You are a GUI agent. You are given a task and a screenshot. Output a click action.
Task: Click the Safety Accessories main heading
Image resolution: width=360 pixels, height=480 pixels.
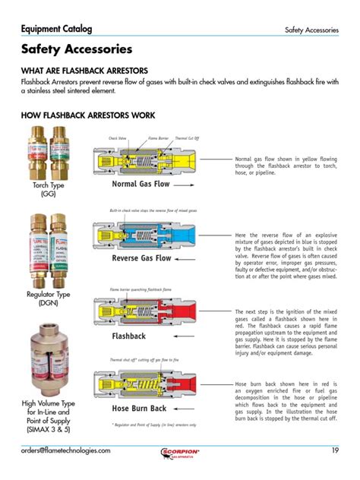[x=77, y=49]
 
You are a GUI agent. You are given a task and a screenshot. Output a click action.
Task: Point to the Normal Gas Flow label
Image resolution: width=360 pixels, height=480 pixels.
[x=141, y=184]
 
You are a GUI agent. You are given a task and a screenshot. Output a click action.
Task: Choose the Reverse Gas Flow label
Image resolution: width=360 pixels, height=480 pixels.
[x=142, y=258]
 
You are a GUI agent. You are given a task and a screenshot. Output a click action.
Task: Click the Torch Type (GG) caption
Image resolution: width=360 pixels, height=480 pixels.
[x=49, y=189]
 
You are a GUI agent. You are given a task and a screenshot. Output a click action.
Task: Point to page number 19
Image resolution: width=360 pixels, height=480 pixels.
[x=334, y=450]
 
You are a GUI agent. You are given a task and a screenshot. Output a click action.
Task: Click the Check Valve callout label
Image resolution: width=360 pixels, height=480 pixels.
[x=118, y=139]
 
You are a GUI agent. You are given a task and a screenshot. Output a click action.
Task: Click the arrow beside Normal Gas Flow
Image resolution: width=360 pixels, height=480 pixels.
[x=188, y=185]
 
